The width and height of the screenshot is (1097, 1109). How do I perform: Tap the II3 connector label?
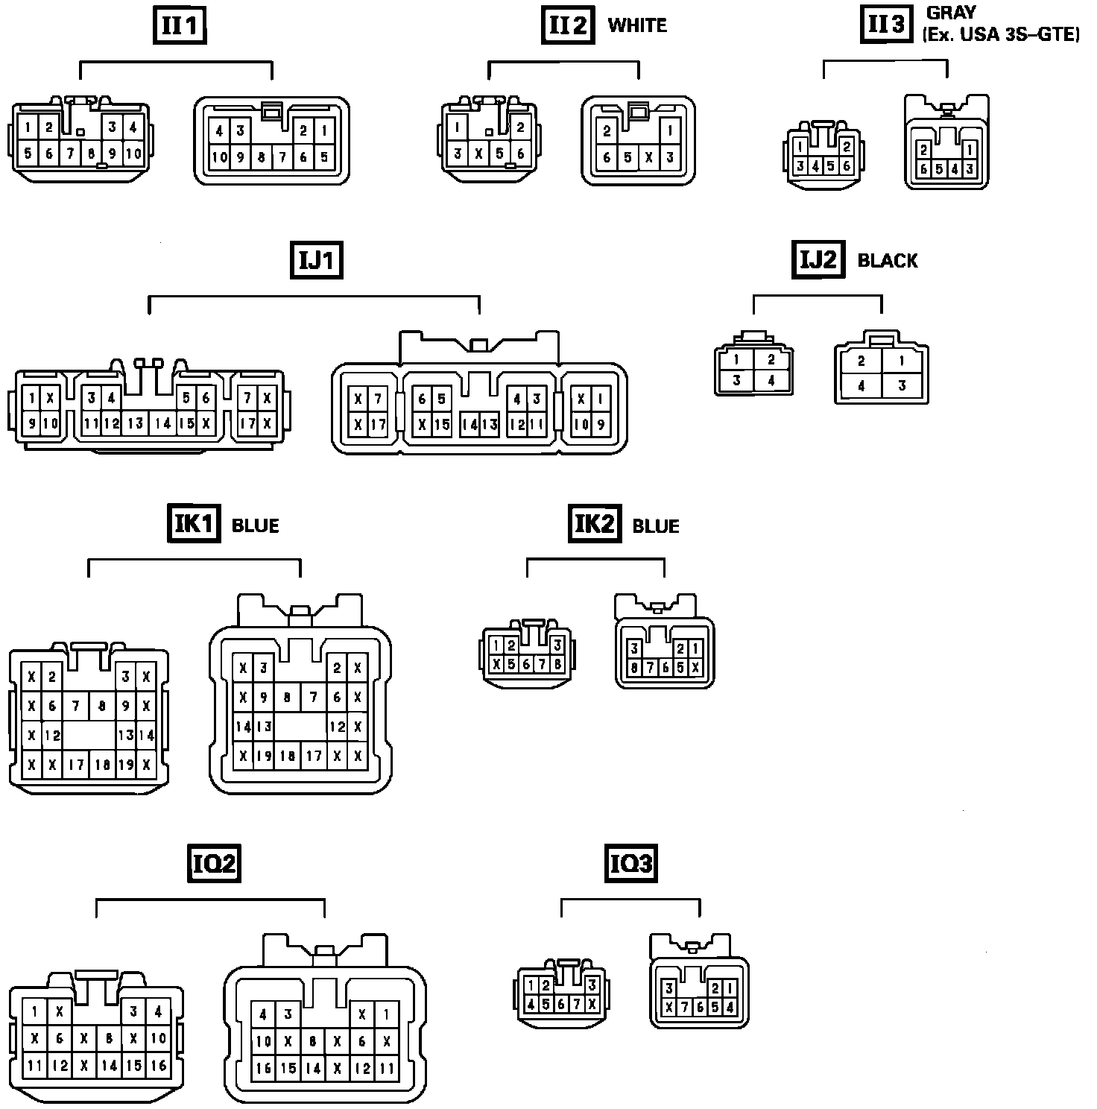click(x=887, y=25)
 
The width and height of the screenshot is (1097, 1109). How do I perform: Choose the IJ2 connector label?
click(x=818, y=259)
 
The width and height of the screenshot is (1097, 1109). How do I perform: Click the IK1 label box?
click(x=193, y=524)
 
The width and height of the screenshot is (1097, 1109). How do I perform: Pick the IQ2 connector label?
click(x=215, y=863)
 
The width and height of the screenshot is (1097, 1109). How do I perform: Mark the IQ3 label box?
click(x=630, y=863)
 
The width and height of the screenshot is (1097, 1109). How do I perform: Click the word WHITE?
click(x=637, y=25)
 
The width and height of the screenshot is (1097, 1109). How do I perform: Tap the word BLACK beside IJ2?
click(x=888, y=261)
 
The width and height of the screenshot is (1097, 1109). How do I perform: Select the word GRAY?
click(x=951, y=13)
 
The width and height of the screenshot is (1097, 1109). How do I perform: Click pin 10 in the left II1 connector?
click(x=133, y=154)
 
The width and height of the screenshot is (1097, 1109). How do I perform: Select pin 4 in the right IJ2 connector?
click(x=861, y=387)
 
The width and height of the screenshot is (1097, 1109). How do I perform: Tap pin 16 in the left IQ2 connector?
click(x=159, y=1066)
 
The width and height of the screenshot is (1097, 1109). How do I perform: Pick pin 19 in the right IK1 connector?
click(x=263, y=756)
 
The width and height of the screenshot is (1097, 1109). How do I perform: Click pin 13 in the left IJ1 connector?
click(x=135, y=423)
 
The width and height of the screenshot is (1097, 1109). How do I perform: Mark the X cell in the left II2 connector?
click(x=478, y=154)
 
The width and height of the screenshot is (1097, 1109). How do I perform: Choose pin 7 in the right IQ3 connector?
click(x=685, y=1007)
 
